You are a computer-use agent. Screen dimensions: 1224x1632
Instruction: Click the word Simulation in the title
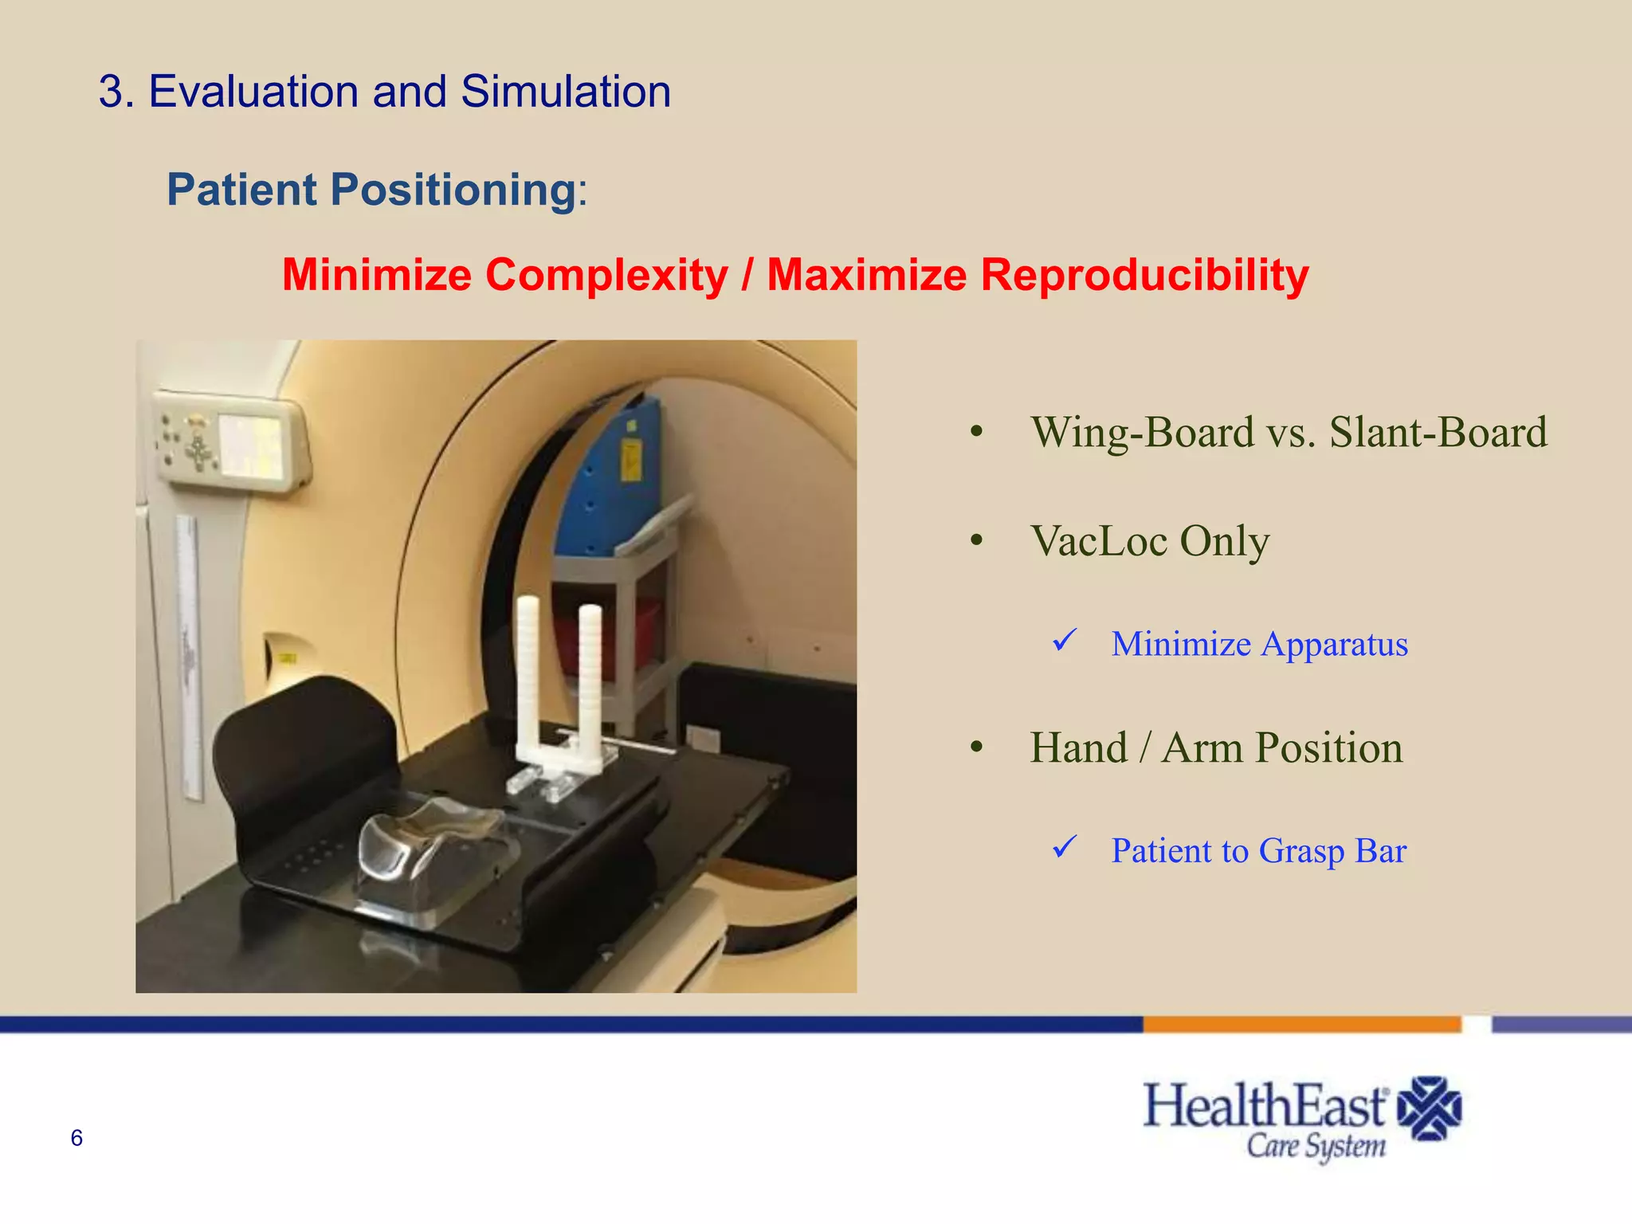pos(565,92)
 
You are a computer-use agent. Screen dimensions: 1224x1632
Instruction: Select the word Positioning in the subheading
pos(453,190)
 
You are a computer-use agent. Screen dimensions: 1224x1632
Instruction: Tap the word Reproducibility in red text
pos(1144,275)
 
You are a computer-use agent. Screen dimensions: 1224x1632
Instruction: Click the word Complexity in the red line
pos(606,275)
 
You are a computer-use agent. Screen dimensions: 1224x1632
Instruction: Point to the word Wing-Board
pos(1142,433)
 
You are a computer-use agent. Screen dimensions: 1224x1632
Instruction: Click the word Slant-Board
pos(1438,433)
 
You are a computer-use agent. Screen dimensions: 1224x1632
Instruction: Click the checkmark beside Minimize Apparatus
pos(1065,640)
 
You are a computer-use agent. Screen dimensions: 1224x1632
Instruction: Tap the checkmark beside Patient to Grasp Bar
pos(1065,847)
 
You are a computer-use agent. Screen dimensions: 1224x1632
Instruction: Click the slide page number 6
pos(76,1138)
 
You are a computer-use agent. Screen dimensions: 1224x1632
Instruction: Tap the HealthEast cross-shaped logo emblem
pos(1430,1108)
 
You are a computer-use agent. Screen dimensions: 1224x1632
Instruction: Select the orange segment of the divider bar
pos(1301,1024)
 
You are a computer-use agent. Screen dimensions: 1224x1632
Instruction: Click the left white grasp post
pos(528,677)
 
